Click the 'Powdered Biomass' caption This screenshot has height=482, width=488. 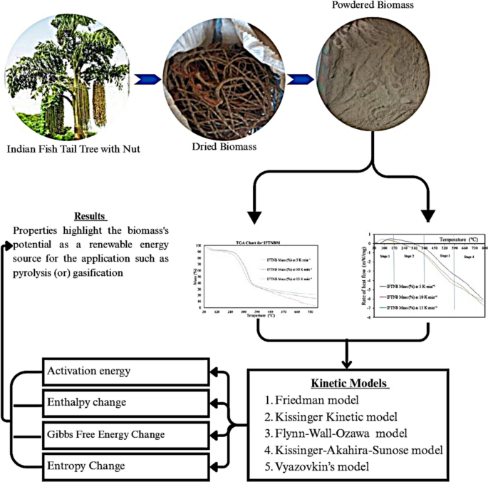(363, 6)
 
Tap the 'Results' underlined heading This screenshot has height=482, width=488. (90, 215)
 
